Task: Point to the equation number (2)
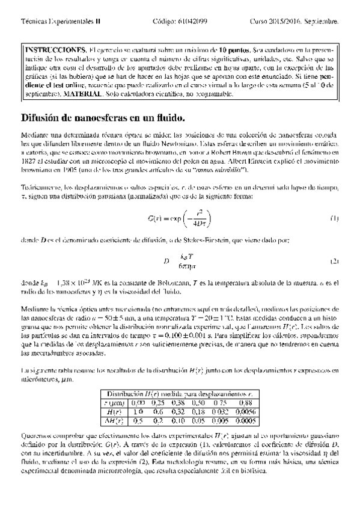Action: [334, 262]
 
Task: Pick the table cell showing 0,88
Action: [245, 403]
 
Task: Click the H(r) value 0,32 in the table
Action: [180, 412]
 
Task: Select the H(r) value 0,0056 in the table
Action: [245, 412]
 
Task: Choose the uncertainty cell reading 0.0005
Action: [245, 421]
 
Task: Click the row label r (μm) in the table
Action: [114, 403]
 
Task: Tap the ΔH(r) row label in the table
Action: [114, 421]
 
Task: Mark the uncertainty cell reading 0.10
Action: [180, 421]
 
